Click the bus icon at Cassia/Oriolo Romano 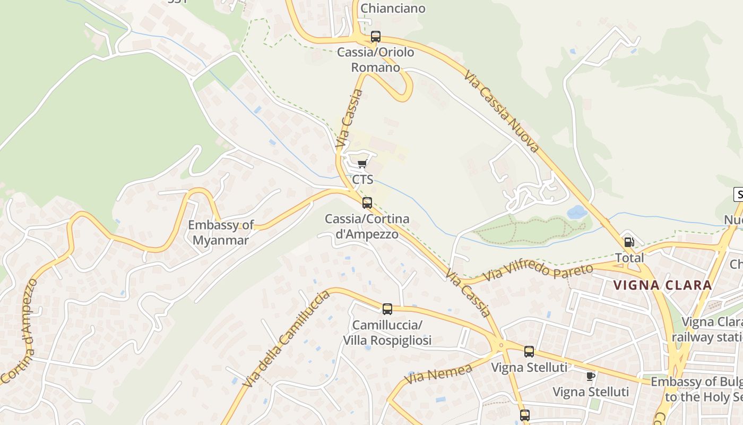(376, 37)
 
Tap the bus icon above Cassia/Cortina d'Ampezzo (367, 202)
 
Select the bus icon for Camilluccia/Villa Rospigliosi (387, 309)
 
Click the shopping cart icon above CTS (362, 164)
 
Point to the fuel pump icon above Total (629, 242)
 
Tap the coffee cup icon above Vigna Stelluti (590, 376)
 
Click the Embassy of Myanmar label (221, 232)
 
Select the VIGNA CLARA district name (662, 285)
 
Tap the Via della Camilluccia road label (286, 338)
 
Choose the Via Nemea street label (438, 374)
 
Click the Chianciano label (393, 8)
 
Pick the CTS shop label (362, 180)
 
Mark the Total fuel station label (629, 258)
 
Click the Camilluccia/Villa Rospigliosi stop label (387, 333)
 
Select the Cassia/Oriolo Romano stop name (376, 60)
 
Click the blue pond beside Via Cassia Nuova (577, 212)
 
